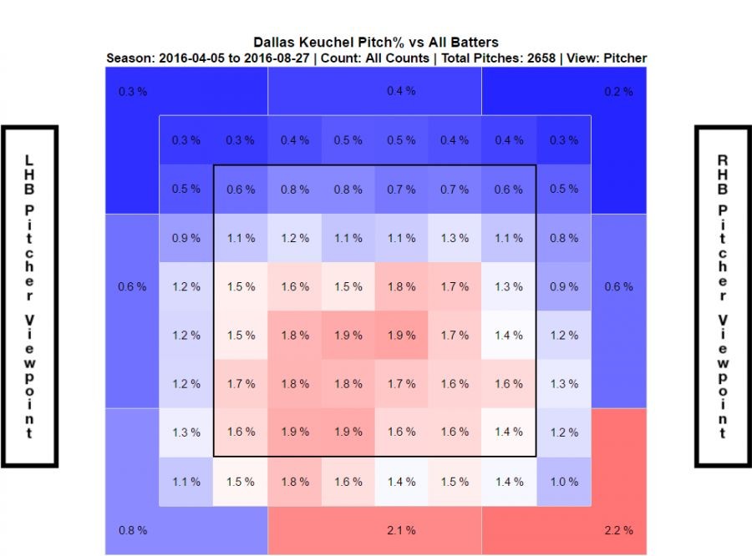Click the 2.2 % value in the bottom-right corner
pyautogui.click(x=619, y=530)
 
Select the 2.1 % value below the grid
pyautogui.click(x=401, y=530)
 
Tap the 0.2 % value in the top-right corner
pyautogui.click(x=619, y=91)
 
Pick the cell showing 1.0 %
pyautogui.click(x=564, y=482)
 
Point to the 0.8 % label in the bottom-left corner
pyautogui.click(x=134, y=530)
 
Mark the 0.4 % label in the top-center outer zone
pyautogui.click(x=401, y=91)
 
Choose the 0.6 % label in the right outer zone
pyautogui.click(x=619, y=286)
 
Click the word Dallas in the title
pyautogui.click(x=274, y=43)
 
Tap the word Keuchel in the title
pyautogui.click(x=328, y=43)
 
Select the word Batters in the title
pyautogui.click(x=475, y=43)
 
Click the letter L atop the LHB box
pyautogui.click(x=30, y=159)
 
